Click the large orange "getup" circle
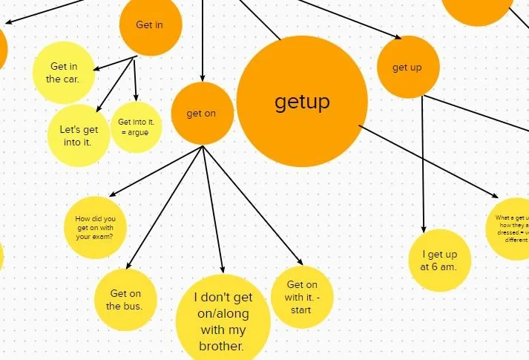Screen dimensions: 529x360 click(302, 102)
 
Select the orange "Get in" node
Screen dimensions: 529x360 click(150, 25)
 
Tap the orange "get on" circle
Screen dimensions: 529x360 click(202, 114)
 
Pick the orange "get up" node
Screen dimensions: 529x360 click(407, 68)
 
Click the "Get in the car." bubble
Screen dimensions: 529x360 click(64, 73)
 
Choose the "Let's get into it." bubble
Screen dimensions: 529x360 click(78, 135)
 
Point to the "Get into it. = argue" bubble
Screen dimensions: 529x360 click(136, 127)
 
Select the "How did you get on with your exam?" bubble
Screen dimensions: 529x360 click(95, 227)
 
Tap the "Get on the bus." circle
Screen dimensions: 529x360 click(125, 299)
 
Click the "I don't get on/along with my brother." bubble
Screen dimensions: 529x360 click(223, 321)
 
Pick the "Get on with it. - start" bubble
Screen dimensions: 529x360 click(301, 296)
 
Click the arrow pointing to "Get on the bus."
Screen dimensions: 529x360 click(165, 208)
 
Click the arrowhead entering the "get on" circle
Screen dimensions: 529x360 click(202, 78)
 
